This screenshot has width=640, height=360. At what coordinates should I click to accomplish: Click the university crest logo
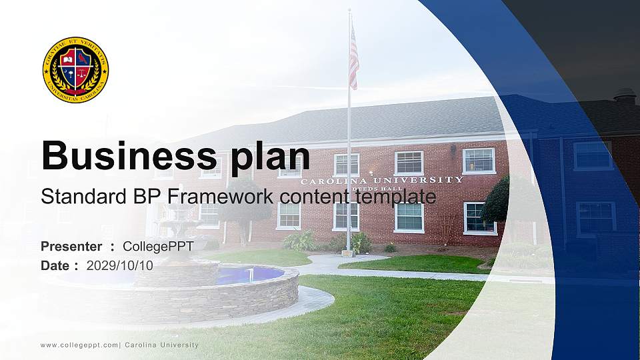pos(75,70)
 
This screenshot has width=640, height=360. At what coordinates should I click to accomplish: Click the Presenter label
pos(71,247)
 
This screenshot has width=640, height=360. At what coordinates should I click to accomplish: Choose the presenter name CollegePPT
pos(158,247)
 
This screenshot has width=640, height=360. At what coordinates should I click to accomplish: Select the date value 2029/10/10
pos(119,265)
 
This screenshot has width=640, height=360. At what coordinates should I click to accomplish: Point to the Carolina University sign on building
pos(381,180)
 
